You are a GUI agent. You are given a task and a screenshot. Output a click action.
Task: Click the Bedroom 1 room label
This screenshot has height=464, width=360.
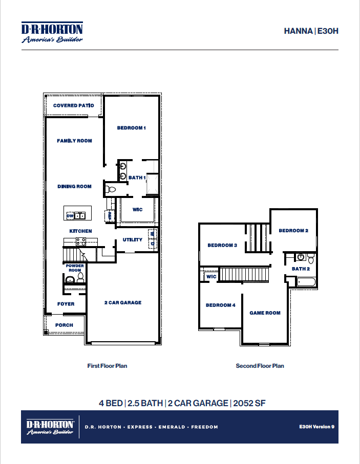[132, 128]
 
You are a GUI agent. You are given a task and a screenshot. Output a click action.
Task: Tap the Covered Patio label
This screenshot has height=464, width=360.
[74, 105]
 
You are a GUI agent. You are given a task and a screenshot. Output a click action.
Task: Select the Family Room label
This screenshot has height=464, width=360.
[74, 141]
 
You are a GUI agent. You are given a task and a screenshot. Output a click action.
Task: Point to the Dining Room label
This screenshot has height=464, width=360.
[74, 187]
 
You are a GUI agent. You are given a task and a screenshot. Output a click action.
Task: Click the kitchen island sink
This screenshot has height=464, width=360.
[79, 216]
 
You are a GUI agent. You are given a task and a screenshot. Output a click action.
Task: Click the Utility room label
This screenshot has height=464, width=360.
[132, 240]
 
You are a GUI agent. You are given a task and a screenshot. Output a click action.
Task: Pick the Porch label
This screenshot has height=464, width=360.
[64, 325]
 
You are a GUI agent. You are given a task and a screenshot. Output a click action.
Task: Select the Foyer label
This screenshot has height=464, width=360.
[66, 304]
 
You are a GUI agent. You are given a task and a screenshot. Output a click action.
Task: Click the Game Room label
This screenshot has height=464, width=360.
[265, 313]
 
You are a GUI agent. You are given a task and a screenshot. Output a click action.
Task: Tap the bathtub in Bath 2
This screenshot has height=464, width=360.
[306, 282]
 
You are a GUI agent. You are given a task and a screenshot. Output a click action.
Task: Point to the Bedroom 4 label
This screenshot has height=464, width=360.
[220, 305]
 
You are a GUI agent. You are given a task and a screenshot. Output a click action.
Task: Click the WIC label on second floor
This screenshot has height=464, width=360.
[211, 277]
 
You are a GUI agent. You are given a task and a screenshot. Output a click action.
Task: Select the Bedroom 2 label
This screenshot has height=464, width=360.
[293, 231]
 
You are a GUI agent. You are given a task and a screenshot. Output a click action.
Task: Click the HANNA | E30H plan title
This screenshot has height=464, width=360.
[311, 31]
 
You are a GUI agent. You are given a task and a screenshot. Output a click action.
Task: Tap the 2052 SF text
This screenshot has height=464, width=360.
[249, 403]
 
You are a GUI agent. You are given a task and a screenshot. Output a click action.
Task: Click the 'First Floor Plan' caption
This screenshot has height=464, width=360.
[108, 366]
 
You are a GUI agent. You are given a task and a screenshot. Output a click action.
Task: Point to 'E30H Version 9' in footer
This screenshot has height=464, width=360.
[316, 426]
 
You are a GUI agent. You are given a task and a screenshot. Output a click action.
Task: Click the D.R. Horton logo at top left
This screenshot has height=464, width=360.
[52, 33]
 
